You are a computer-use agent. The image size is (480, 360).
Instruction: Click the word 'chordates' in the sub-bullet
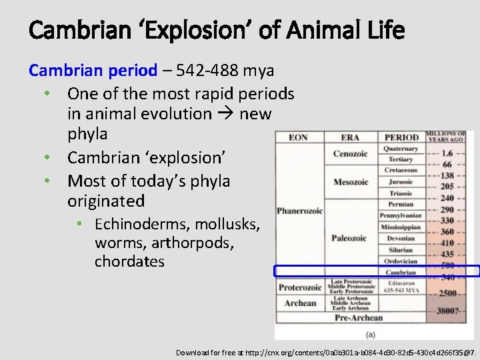(x=129, y=261)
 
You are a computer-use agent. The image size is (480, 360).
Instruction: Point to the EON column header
(x=299, y=137)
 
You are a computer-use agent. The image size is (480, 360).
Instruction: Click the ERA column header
(x=350, y=137)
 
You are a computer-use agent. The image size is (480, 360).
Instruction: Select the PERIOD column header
(x=401, y=137)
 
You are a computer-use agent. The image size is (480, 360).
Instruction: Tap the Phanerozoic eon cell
(x=299, y=211)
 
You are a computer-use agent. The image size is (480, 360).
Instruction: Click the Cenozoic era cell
(x=350, y=154)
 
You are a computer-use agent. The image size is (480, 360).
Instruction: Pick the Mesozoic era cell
(x=351, y=182)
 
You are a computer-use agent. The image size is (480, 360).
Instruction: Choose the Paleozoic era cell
(x=349, y=238)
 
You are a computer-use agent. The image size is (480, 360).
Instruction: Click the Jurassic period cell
(x=401, y=182)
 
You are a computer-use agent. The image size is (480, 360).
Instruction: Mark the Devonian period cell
(x=401, y=238)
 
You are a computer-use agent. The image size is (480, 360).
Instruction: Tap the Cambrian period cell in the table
(x=401, y=272)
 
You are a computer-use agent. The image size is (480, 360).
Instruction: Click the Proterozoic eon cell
(x=299, y=287)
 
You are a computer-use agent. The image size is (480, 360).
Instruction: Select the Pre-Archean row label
(x=359, y=317)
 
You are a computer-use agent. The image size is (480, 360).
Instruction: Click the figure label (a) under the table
(x=371, y=333)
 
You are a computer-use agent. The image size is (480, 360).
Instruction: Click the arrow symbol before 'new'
(x=225, y=114)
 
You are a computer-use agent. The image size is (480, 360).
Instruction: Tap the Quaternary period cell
(x=401, y=149)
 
